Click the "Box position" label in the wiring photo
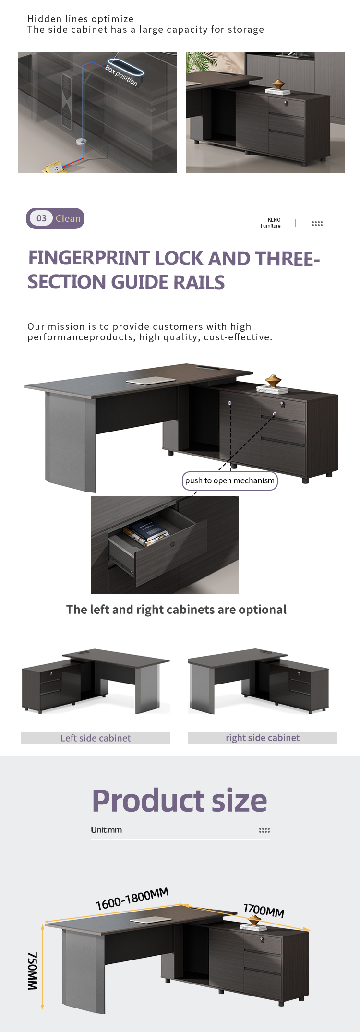pos(121,75)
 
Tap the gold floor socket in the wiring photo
pos(54,168)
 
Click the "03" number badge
pos(41,218)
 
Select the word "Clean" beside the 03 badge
pos(68,218)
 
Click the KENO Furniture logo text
pos(271,223)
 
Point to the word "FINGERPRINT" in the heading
pos(89,258)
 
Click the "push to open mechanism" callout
pos(230,480)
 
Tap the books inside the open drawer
pos(146,533)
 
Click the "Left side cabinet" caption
pos(96,738)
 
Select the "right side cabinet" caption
pos(263,738)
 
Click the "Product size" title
pos(180,801)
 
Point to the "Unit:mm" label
pos(106,830)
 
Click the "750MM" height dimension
pos(32,971)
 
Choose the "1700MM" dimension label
pos(264,910)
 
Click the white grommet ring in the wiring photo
pos(80,142)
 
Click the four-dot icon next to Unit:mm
pos(264,830)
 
